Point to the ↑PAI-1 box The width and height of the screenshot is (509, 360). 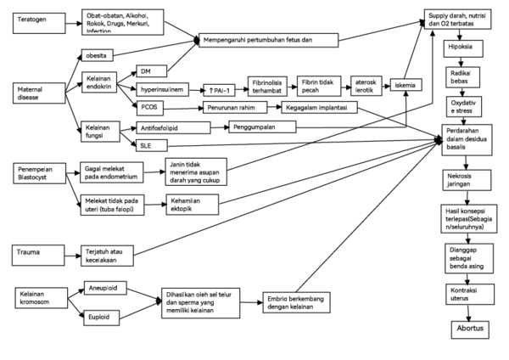click(x=209, y=88)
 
